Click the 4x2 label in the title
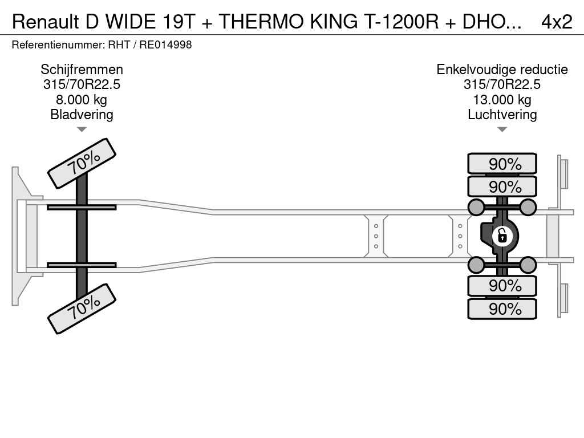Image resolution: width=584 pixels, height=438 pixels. point(556,21)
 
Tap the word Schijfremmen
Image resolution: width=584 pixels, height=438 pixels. point(82,70)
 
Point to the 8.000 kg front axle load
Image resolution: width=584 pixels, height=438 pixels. point(82,100)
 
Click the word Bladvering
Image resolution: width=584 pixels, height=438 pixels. point(82,115)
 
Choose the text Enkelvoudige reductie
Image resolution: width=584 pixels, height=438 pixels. point(502,70)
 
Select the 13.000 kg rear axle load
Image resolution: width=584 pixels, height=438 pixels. point(502,100)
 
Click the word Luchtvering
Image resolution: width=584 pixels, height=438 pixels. point(502,115)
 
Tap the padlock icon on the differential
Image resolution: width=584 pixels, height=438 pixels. point(502,235)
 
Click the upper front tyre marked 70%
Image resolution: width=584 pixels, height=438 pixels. point(82,163)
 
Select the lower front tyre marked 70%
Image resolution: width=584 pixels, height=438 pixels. point(82,309)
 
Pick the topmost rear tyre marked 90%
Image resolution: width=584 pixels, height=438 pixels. point(502,164)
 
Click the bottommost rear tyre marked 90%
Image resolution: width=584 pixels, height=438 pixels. point(502,309)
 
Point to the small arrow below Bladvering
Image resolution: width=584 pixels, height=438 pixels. point(82,129)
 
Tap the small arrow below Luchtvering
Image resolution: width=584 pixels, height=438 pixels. point(502,129)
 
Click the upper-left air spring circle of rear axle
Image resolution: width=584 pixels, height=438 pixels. point(476,206)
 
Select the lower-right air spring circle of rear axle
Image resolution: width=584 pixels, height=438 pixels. point(528,265)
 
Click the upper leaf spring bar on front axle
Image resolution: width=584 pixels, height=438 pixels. point(82,207)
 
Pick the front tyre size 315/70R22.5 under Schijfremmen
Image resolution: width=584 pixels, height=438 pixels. point(82,85)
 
